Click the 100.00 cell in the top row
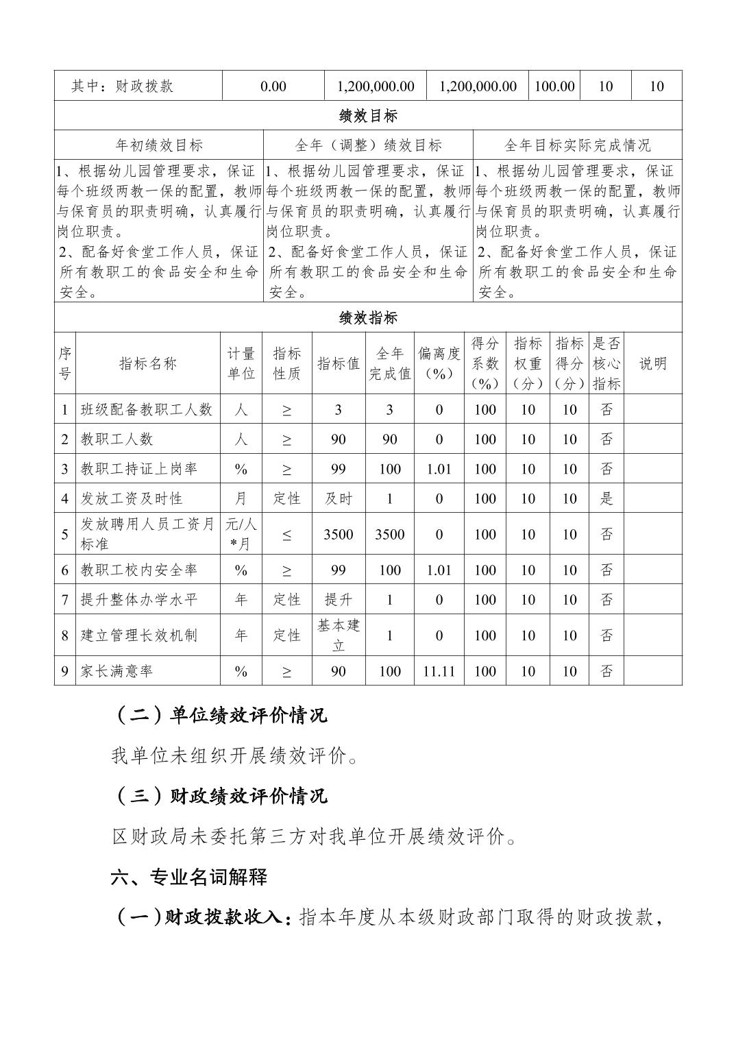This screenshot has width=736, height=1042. coord(554,86)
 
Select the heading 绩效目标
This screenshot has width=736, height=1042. coord(368,116)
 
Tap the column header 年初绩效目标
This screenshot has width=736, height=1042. coord(159,145)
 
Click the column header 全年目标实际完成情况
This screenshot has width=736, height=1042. coord(578,145)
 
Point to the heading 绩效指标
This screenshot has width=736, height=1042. coord(368,318)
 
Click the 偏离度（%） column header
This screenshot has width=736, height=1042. coord(439,363)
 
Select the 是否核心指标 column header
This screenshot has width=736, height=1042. coord(606,363)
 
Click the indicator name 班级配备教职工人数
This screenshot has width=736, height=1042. coord(147,409)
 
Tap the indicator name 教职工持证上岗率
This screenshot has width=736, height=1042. coord(139,469)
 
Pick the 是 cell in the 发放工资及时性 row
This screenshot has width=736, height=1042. coord(606,498)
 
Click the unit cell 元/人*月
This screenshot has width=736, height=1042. coord(241,534)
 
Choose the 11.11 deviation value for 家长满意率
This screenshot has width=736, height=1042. coord(439,671)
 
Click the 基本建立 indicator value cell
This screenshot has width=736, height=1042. coord(339,635)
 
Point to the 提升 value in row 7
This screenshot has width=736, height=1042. coord(339,600)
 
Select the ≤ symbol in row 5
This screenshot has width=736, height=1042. coord(286,535)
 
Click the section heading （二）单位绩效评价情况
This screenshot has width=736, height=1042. coord(219,716)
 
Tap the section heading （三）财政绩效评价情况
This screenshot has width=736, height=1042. coord(219,796)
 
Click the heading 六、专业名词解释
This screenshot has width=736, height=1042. coord(189,877)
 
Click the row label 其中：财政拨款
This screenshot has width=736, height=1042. coord(123,86)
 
